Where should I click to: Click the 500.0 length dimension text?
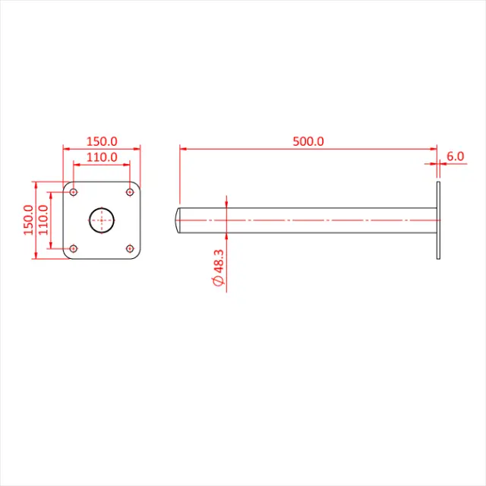click(308, 141)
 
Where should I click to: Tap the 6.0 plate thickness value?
click(455, 156)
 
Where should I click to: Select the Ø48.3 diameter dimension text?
click(219, 266)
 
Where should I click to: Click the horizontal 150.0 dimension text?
click(102, 141)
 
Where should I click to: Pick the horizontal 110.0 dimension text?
click(102, 157)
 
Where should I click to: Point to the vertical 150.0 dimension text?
click(29, 220)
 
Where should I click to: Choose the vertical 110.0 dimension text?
click(43, 220)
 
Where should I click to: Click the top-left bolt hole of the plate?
click(74, 192)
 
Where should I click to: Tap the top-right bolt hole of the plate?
click(130, 192)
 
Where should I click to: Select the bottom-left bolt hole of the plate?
click(74, 248)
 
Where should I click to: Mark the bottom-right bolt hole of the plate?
click(130, 248)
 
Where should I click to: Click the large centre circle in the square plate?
click(102, 220)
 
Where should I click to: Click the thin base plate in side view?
click(438, 220)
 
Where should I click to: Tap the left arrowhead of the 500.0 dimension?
click(183, 149)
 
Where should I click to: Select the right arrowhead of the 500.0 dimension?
click(434, 149)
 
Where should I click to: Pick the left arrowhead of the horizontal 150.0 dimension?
click(66, 149)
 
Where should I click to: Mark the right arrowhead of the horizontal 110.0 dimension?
click(127, 164)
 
